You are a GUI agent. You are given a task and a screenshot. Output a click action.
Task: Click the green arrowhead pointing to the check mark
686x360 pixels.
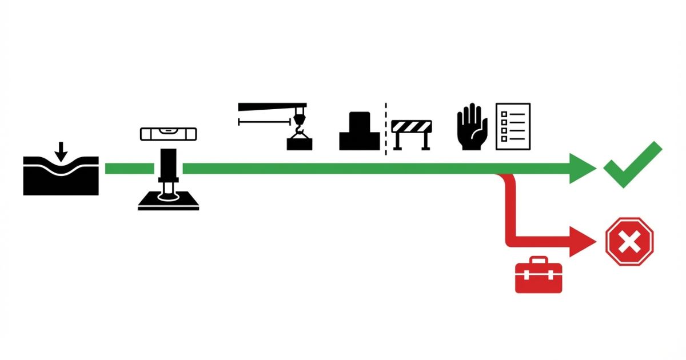point(583,169)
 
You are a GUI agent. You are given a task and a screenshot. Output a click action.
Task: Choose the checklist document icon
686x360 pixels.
point(513,126)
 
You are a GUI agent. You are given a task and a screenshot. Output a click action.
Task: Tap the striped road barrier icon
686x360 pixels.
point(412,134)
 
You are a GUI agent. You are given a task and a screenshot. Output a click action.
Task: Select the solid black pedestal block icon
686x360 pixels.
point(360,133)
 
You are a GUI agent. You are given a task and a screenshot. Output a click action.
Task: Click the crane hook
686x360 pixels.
point(298,123)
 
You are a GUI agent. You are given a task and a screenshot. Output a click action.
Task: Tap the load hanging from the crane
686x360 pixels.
point(300,143)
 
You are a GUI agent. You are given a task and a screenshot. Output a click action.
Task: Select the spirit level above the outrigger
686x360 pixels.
point(168,134)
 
